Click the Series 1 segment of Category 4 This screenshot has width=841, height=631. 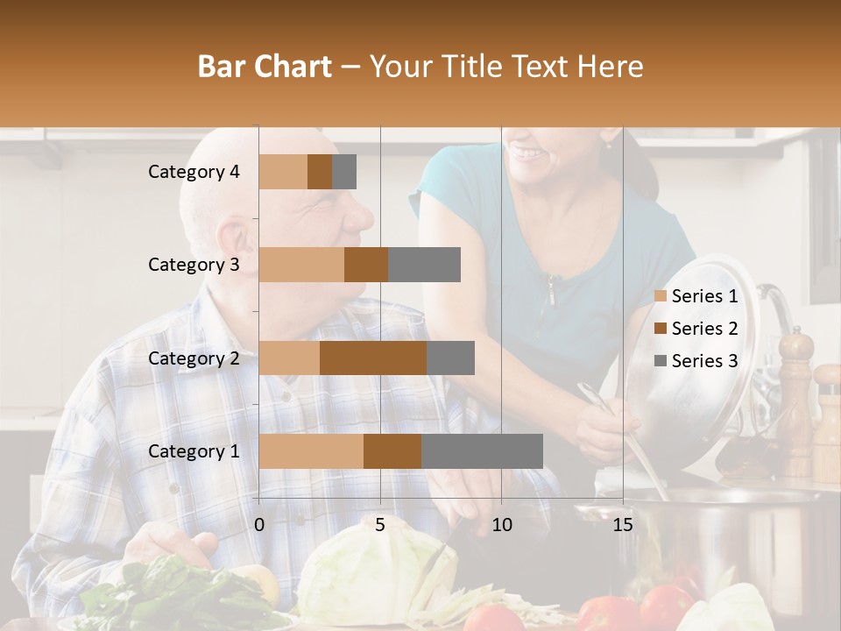tap(283, 172)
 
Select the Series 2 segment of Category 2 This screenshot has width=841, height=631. tap(373, 358)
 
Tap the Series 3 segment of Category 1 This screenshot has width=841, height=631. tap(482, 451)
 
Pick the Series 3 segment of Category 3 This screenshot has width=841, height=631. tap(424, 265)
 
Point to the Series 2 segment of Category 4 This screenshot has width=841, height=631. tap(320, 172)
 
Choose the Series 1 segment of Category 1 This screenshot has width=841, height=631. tap(311, 451)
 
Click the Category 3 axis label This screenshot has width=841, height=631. tap(194, 265)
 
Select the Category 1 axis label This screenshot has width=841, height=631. tap(194, 451)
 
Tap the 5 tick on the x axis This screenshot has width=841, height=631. tap(380, 525)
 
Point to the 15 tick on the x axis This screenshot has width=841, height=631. tap(622, 525)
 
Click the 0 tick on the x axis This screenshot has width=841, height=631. tap(259, 525)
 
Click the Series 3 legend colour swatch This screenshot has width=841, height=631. tap(660, 361)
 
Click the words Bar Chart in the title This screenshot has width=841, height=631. tap(265, 67)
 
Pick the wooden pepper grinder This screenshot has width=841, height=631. tap(795, 394)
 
